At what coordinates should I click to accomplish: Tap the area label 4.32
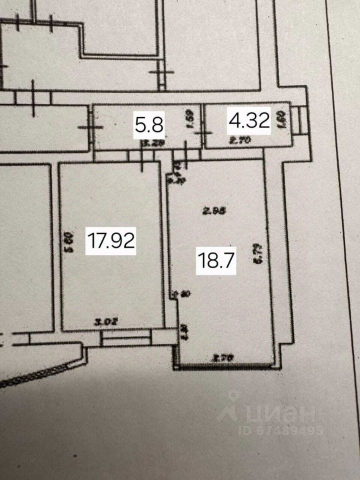pos(249,121)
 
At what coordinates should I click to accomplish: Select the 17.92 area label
pos(111,240)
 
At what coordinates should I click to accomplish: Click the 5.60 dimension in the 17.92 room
pos(69,241)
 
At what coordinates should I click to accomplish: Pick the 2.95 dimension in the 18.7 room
pos(212,211)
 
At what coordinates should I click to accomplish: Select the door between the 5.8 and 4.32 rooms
pos(203,133)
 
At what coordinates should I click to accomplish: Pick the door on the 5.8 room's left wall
pos(92,126)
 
